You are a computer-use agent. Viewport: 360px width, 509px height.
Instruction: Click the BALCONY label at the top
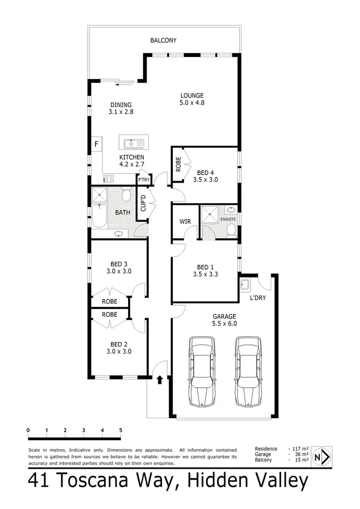(163, 41)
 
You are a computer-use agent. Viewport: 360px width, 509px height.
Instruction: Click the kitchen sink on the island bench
(131, 143)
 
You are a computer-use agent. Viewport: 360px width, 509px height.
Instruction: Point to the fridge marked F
(96, 144)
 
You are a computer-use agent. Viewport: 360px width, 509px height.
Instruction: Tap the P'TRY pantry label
(144, 180)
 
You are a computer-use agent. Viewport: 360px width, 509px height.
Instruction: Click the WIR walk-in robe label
(185, 222)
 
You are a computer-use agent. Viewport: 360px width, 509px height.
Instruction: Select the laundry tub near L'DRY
(245, 284)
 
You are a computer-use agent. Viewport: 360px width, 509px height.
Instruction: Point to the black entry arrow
(160, 380)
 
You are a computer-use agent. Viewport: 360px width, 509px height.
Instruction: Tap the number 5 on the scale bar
(121, 430)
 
